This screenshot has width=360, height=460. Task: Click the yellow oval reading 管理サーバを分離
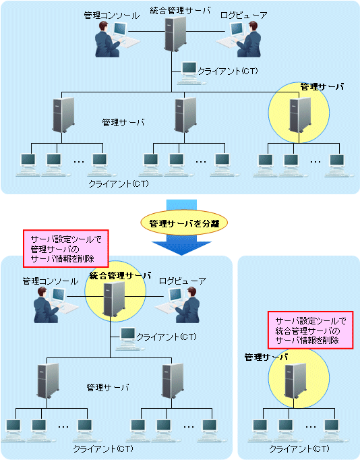pos(184,223)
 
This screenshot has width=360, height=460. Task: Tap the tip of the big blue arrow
pos(182,255)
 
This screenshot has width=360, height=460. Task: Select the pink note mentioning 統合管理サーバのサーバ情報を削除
pos(311,330)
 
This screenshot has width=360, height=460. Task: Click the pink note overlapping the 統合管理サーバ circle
pos(66,248)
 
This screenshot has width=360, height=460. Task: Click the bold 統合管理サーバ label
pos(120,276)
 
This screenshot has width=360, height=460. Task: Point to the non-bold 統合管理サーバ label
pos(180,11)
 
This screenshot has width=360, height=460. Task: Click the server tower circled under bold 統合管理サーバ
pos(114,299)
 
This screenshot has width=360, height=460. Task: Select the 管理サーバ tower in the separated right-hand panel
pos(295,380)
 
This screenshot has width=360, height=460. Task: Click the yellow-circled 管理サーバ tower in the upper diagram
pos(300,115)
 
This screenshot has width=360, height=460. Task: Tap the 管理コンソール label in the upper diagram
pos(112,16)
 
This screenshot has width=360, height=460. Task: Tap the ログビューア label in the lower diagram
pos(182,281)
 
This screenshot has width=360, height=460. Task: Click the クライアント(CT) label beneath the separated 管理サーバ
pos(299,449)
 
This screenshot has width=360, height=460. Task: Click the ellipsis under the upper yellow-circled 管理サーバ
pos(316,162)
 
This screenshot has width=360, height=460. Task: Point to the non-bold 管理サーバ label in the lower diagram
pos(108,388)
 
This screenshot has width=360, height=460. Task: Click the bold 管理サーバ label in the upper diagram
pos(322,87)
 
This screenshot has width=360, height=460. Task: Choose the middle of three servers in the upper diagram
pos(185,115)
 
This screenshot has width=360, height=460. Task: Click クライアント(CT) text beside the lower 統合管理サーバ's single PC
pos(167,337)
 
